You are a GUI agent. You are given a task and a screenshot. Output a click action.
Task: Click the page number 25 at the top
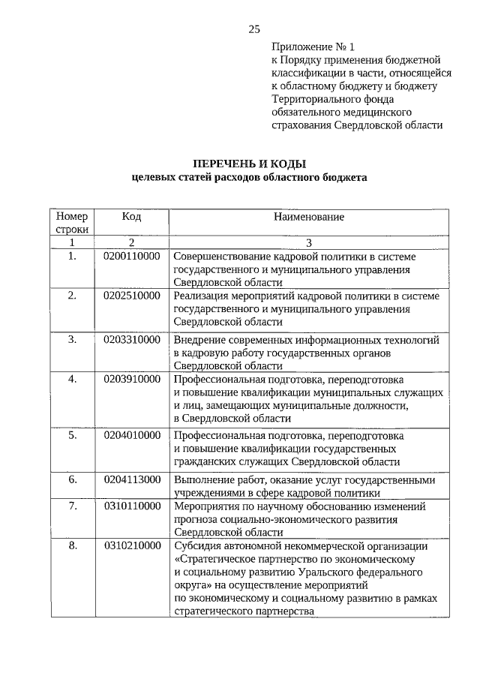(253, 29)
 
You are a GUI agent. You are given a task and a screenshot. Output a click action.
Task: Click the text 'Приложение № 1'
(308, 47)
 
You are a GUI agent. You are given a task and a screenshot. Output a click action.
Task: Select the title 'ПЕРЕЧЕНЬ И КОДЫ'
(250, 164)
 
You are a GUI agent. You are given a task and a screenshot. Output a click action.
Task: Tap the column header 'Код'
(131, 216)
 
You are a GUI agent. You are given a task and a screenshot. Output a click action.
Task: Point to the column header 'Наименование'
(308, 217)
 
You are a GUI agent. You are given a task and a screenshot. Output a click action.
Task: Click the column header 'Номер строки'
(72, 222)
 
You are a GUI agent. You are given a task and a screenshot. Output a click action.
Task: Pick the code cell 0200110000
(131, 257)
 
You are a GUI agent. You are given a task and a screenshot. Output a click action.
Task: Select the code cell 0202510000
(131, 296)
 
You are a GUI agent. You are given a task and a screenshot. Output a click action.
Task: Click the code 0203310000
(131, 340)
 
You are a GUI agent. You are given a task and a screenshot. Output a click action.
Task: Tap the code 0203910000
(131, 379)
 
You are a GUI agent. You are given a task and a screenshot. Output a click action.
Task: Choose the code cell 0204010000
(131, 434)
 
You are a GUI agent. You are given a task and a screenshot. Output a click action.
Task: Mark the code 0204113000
(131, 479)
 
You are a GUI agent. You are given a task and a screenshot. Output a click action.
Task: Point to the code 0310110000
(131, 506)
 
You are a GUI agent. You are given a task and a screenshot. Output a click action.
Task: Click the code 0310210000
(131, 545)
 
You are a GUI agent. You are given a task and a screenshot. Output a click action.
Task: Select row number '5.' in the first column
(73, 434)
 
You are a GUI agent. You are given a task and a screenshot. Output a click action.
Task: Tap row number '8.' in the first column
(73, 545)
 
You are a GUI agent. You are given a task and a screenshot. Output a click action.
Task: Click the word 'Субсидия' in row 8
(196, 545)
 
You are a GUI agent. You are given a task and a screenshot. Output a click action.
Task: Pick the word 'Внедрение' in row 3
(199, 340)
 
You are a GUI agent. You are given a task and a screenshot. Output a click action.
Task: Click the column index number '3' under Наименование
(308, 242)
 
